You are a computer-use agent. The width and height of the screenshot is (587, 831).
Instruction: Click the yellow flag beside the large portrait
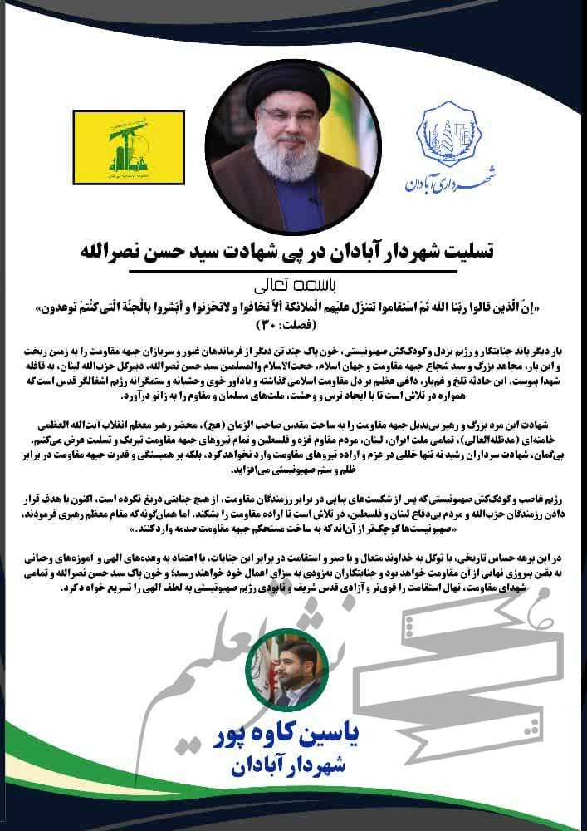[x=117, y=150]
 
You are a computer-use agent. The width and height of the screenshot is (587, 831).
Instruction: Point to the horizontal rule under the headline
[x=293, y=271]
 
